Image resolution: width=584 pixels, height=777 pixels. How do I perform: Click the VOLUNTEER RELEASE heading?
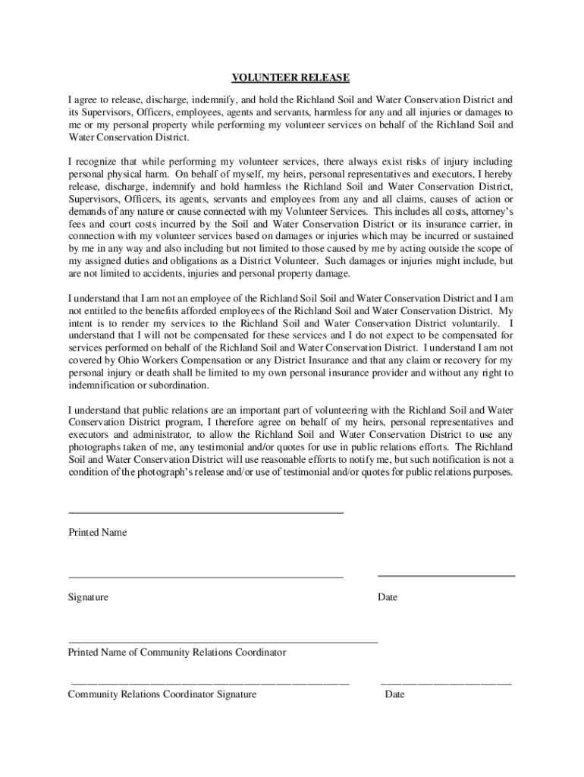[291, 78]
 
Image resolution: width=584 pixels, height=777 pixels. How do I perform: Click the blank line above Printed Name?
[206, 514]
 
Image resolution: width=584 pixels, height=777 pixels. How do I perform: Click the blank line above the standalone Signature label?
[206, 577]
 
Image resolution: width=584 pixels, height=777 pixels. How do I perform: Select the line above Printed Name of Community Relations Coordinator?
[223, 643]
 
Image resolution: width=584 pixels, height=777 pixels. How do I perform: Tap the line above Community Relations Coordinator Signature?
[210, 684]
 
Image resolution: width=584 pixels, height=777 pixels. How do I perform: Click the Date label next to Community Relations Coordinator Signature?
[394, 694]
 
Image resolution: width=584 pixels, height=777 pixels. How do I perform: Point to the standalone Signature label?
[88, 597]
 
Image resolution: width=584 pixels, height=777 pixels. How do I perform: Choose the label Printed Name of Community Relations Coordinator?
[177, 653]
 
